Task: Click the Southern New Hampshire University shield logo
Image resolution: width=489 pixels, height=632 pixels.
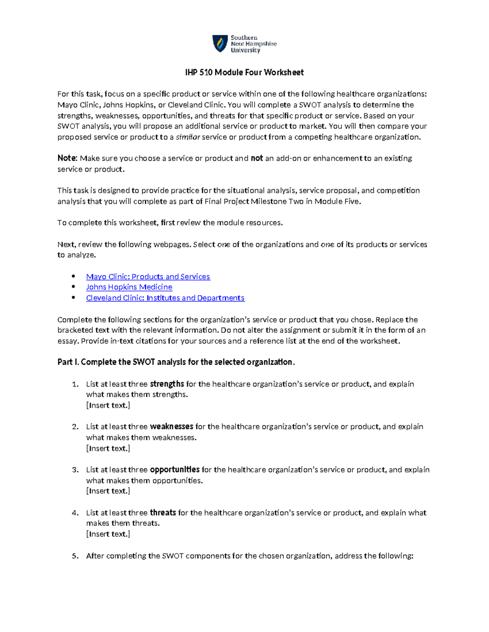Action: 220,43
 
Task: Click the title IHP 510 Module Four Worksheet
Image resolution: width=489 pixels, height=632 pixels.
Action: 244,72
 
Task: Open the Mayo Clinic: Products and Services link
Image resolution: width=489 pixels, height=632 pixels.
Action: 148,277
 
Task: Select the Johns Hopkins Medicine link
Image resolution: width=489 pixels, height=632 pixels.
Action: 129,287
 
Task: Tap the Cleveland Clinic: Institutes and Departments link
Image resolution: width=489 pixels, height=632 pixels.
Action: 165,298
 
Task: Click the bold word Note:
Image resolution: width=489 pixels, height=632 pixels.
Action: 67,158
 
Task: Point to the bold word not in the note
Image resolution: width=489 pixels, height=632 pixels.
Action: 257,158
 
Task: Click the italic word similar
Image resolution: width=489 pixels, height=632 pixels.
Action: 187,137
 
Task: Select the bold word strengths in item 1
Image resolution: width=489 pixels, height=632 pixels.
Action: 167,384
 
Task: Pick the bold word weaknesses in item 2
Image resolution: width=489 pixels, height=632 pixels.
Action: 172,427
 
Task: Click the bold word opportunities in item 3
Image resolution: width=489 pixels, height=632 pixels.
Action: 175,470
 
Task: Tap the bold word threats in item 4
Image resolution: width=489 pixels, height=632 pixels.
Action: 163,513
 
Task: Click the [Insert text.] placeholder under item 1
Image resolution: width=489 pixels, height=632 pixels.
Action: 108,405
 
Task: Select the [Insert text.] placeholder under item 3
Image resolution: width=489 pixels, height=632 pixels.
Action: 108,491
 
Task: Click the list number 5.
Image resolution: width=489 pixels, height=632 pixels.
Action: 75,556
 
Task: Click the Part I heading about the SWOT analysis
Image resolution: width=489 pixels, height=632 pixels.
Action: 176,362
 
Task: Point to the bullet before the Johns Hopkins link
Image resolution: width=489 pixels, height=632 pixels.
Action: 73,287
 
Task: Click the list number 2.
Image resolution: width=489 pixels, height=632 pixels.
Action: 75,427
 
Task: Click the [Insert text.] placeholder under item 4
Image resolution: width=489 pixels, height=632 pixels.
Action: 108,534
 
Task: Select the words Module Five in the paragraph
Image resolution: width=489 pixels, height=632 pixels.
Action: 337,201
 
